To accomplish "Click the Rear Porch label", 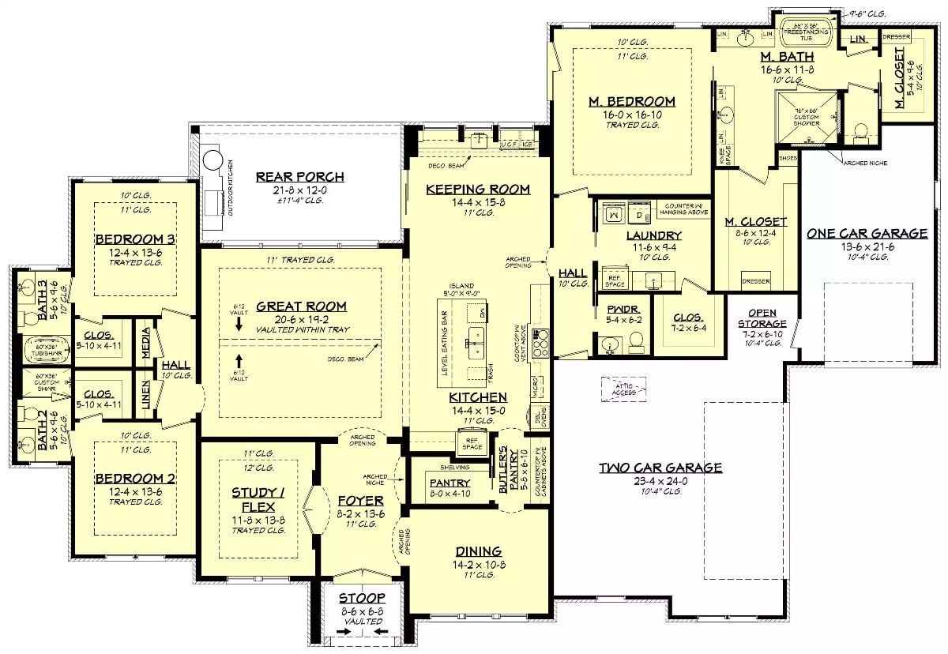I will pyautogui.click(x=299, y=177).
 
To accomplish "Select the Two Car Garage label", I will pyautogui.click(x=660, y=468).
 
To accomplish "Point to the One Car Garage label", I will pyautogui.click(x=867, y=233).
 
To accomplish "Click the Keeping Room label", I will pyautogui.click(x=478, y=190).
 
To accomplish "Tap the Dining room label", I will pyautogui.click(x=478, y=551).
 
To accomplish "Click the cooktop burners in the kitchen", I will pyautogui.click(x=541, y=344).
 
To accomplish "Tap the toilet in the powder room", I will pyautogui.click(x=636, y=342).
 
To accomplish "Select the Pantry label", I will pyautogui.click(x=450, y=483).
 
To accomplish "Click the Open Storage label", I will pyautogui.click(x=762, y=318).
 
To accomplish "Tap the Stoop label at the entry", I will pyautogui.click(x=362, y=599).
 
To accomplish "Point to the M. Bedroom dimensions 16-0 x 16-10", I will pyautogui.click(x=631, y=114).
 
